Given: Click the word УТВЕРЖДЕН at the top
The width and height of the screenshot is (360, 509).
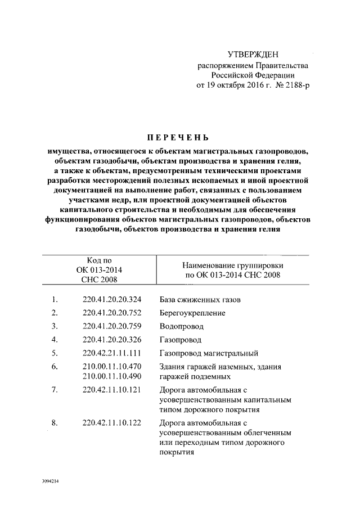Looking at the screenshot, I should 253,55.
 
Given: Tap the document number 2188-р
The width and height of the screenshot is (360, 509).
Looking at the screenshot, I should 296,86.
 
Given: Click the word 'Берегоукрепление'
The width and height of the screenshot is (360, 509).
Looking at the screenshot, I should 192,313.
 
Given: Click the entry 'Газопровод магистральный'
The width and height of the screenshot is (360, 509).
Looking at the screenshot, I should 209,353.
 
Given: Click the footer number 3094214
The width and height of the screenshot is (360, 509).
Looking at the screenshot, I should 50,481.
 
